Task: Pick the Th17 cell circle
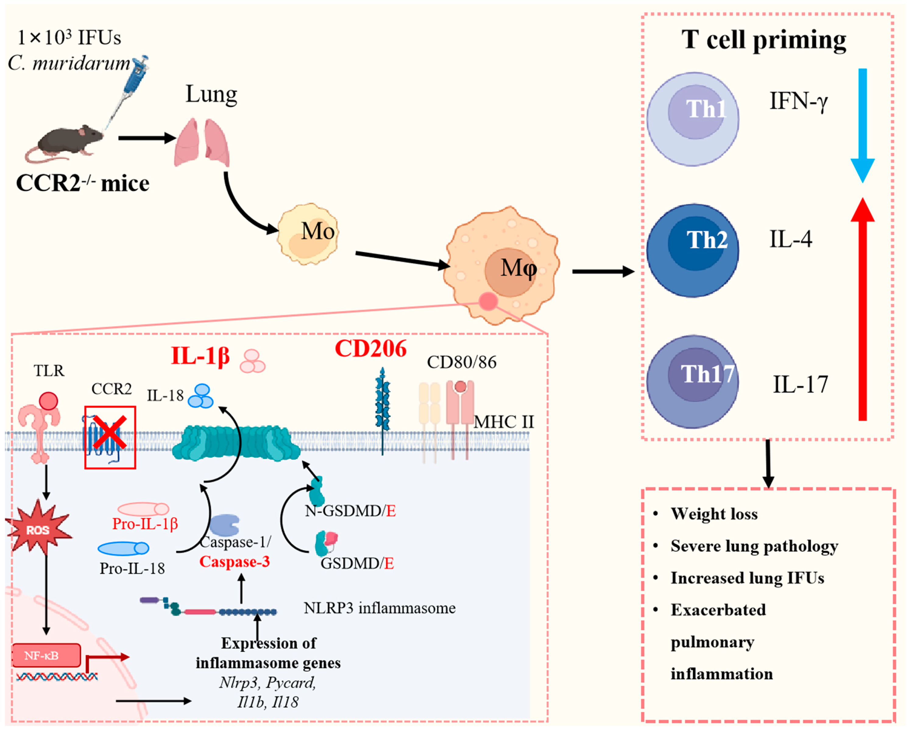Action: tap(693, 382)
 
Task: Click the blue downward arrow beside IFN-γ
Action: tap(862, 125)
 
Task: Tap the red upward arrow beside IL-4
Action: tap(862, 309)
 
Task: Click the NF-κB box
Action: tap(46, 655)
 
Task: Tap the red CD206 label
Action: tap(370, 349)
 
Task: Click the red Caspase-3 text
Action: tap(235, 562)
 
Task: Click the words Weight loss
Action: tap(714, 514)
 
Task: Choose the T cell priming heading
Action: tap(764, 40)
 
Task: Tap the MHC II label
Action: tap(504, 422)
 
